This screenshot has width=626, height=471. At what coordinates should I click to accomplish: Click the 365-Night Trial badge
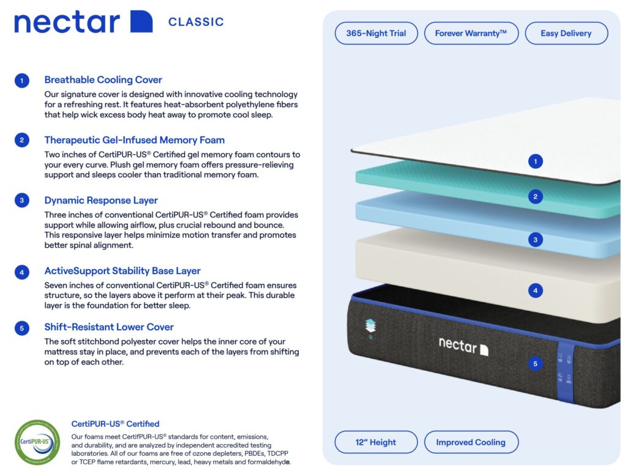(376, 33)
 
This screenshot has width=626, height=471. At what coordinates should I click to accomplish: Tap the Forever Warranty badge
(471, 33)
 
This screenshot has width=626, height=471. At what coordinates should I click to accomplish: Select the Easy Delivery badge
(566, 33)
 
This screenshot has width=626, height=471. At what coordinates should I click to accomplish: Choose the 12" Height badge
(376, 442)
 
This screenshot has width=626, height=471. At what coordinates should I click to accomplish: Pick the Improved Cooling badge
(471, 442)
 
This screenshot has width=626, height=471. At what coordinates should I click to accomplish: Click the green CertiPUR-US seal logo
(37, 442)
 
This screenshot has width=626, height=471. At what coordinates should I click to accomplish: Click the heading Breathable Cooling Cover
(103, 80)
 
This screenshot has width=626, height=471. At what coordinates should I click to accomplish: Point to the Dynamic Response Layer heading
(101, 200)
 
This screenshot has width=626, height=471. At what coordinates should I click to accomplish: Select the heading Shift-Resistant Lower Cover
(109, 327)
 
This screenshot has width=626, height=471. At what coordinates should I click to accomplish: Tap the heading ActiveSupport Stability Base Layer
(122, 270)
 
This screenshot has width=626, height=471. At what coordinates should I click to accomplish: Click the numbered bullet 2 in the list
(22, 140)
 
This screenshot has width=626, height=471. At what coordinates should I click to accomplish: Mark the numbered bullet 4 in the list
(22, 271)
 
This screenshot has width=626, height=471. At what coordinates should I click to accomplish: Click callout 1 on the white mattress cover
(536, 161)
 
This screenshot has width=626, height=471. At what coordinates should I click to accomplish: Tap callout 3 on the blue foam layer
(536, 240)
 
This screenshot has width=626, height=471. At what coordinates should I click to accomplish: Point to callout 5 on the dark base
(536, 364)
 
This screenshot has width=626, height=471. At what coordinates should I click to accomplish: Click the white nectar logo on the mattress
(463, 346)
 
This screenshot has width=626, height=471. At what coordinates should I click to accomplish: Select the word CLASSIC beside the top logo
(196, 22)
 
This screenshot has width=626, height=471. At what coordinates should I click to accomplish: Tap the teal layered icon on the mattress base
(370, 327)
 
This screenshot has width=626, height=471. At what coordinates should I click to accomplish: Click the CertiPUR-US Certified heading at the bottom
(116, 423)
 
